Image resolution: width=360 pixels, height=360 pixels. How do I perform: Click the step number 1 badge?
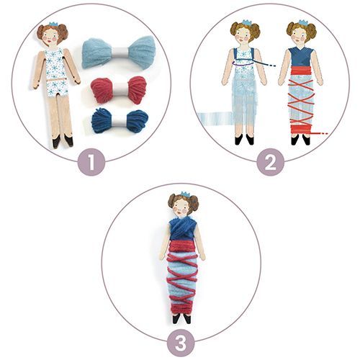91,162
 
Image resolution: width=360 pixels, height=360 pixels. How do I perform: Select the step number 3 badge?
181,343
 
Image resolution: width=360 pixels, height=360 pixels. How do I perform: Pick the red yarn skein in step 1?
119,90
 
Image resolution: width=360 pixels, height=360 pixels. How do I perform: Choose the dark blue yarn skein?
120,120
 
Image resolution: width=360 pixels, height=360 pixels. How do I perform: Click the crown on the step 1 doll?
54,24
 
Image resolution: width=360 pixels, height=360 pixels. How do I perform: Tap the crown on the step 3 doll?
185,194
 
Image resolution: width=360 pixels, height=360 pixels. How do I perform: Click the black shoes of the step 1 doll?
63,141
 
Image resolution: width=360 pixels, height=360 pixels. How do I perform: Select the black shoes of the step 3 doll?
181,318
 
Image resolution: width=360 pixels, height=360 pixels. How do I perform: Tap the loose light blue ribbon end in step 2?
215,118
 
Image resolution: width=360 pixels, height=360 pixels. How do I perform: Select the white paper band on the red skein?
119,89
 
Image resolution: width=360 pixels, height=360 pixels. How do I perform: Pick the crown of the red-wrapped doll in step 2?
303,22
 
